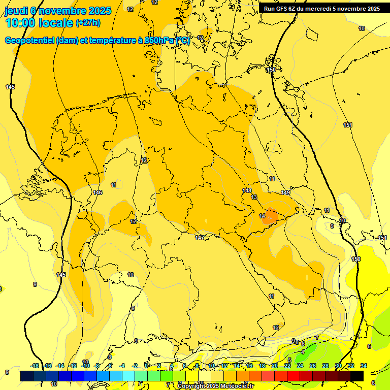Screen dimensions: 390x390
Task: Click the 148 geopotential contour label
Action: point(247,190)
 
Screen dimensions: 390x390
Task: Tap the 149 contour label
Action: point(285,192)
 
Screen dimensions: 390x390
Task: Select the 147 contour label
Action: point(200,238)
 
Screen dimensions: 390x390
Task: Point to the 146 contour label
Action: point(98,192)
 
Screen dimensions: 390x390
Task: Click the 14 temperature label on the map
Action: point(262,216)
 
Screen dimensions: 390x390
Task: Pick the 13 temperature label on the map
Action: point(254,197)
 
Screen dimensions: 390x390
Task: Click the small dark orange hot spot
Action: point(271,216)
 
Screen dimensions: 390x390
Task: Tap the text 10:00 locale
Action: point(39,23)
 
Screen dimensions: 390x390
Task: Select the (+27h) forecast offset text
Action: point(88,23)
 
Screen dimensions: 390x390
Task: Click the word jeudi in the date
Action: point(16,11)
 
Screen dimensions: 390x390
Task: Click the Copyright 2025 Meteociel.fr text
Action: point(215,386)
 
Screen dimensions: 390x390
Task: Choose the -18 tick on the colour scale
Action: point(35,366)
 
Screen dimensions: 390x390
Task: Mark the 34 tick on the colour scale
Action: point(364,366)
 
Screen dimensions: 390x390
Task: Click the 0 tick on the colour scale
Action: point(146,366)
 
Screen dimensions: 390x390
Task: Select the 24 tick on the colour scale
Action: point(300,366)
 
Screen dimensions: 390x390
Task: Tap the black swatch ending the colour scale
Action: point(357,376)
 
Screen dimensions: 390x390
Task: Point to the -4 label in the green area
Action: point(302,351)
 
